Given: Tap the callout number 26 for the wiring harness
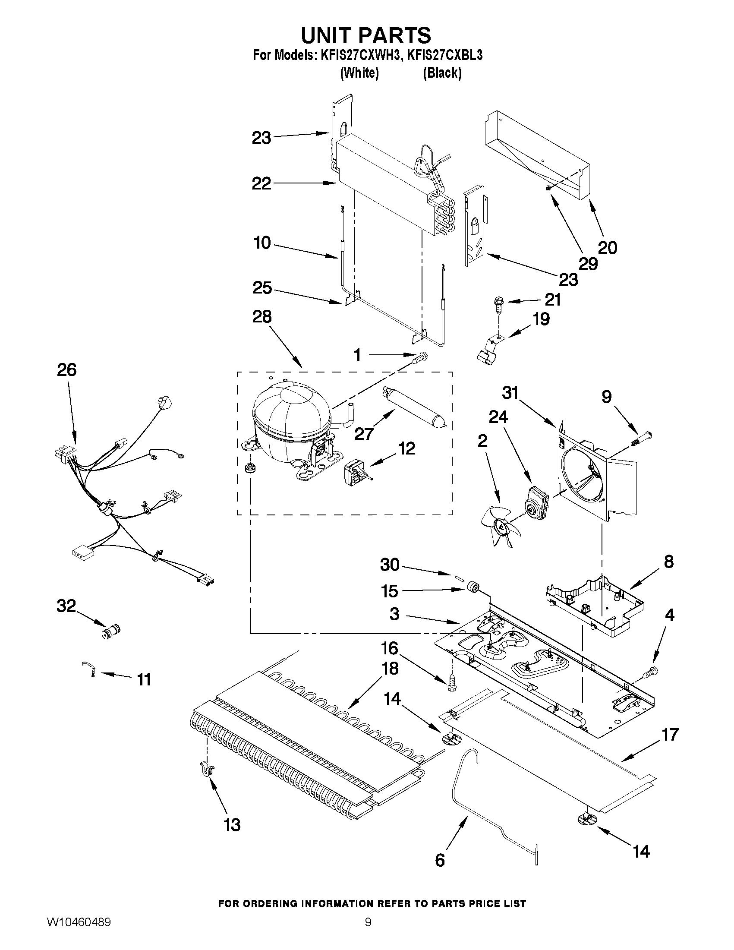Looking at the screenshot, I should pyautogui.click(x=66, y=370).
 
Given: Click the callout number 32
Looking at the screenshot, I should pyautogui.click(x=66, y=606).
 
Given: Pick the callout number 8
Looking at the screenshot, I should pyautogui.click(x=668, y=562).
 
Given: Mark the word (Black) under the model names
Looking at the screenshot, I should pyautogui.click(x=442, y=73).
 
